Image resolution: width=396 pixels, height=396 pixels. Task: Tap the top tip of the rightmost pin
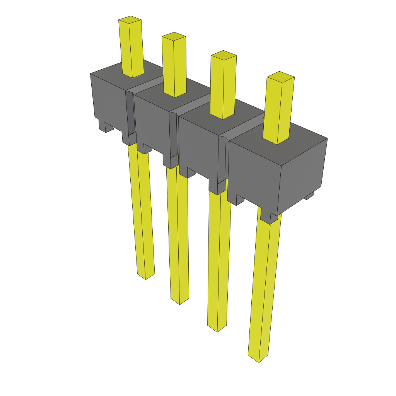click(280, 76)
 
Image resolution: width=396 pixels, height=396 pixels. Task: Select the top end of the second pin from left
click(174, 36)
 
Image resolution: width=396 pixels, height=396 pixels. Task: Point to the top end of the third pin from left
click(223, 55)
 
